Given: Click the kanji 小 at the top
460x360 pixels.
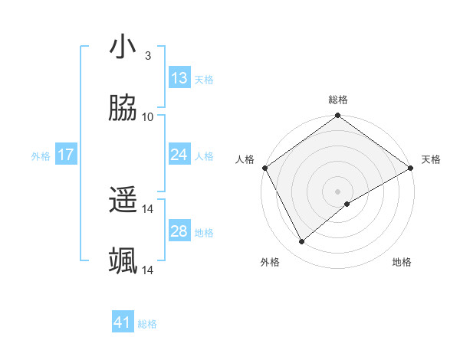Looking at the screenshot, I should (123, 47).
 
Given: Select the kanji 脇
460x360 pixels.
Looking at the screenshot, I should (123, 110).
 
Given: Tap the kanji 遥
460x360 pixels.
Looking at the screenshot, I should (123, 201).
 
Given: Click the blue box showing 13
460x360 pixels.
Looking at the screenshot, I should (179, 78).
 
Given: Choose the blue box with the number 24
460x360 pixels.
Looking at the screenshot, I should (179, 155).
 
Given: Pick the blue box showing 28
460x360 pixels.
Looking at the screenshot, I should (179, 231).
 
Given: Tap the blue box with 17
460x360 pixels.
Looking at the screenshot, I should (66, 155).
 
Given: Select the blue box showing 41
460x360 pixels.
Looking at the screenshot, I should (123, 322).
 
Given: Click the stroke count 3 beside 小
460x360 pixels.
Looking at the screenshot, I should (147, 55).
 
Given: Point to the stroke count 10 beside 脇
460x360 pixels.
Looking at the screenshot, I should (148, 117).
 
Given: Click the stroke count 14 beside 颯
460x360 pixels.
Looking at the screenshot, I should (148, 270).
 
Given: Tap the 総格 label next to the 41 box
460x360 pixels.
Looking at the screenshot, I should (147, 324).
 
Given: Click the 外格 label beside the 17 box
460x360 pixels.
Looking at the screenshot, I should (41, 155).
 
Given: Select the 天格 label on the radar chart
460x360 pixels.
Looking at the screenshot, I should (431, 159).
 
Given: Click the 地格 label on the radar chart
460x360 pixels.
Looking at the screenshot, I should (402, 262).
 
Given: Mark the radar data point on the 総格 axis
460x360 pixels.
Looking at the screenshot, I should (337, 116).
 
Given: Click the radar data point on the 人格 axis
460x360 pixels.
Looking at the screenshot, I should (264, 168).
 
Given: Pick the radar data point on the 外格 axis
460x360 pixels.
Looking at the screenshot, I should (302, 241).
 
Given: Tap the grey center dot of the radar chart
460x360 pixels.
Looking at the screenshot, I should (337, 191).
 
